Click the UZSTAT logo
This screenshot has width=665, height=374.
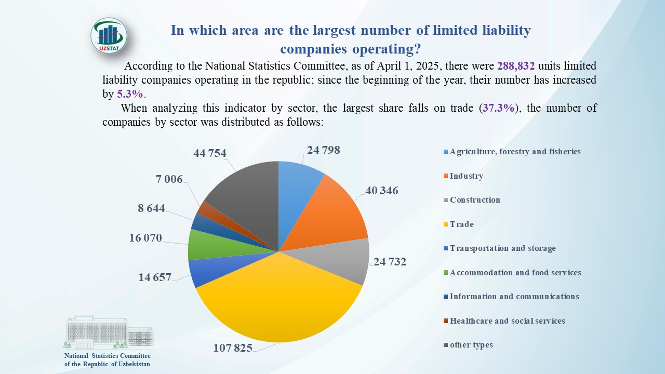(109, 36)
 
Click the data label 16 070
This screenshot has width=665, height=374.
(145, 238)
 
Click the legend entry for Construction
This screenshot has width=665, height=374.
(475, 200)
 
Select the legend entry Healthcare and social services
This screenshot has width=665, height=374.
(507, 321)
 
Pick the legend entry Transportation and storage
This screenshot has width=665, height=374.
(502, 248)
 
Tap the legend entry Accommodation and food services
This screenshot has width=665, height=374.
(515, 273)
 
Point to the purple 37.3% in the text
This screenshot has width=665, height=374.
(499, 109)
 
